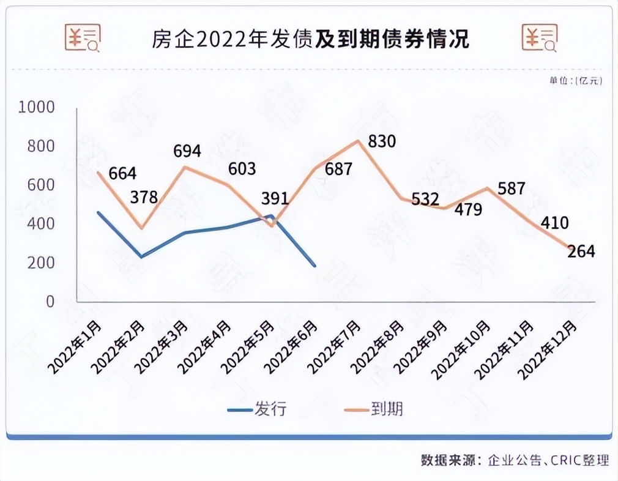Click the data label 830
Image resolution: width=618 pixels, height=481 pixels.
382,142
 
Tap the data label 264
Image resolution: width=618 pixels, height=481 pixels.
581,251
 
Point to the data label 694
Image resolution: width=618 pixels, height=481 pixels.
187,151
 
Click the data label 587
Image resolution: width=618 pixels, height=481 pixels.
512,188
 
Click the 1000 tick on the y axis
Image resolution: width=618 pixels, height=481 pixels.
37,108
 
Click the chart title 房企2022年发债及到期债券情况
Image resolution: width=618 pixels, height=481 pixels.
310,39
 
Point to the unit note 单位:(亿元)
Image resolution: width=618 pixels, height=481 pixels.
575,80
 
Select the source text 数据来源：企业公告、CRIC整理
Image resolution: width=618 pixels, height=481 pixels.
515,460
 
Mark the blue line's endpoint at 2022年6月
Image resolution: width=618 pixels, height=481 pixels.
315,266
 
